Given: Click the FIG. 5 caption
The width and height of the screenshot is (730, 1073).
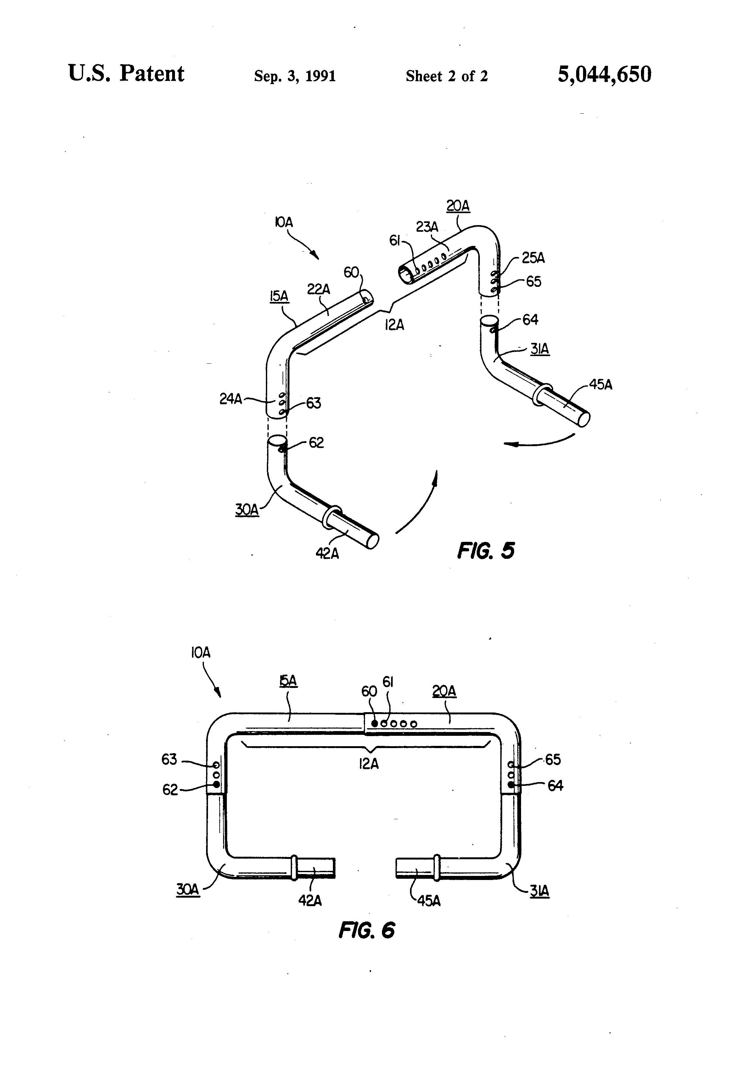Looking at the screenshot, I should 486,551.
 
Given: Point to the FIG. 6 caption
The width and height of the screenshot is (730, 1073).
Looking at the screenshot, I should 367,930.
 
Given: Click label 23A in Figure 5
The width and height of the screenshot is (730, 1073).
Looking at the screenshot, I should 427,227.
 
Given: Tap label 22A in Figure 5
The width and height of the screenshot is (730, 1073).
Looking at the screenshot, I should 318,289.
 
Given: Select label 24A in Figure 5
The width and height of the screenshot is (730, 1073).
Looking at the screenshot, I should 230,399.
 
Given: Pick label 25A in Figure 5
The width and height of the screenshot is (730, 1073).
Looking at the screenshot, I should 533,258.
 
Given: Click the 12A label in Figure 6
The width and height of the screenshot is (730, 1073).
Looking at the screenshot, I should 369,764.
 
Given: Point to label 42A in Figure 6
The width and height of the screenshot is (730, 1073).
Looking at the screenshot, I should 310,900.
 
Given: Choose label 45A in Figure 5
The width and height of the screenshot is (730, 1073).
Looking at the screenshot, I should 600,385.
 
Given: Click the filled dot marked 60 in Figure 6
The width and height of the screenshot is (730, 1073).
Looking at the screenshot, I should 375,724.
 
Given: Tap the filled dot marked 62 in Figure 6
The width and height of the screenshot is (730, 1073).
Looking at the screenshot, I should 216,784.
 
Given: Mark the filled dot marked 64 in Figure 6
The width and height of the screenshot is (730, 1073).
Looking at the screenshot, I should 511,784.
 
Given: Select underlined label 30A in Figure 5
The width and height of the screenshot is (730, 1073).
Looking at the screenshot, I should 247,510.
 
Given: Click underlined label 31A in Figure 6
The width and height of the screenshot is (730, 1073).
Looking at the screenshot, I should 539,891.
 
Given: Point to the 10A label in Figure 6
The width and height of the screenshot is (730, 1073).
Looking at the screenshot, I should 200,653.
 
